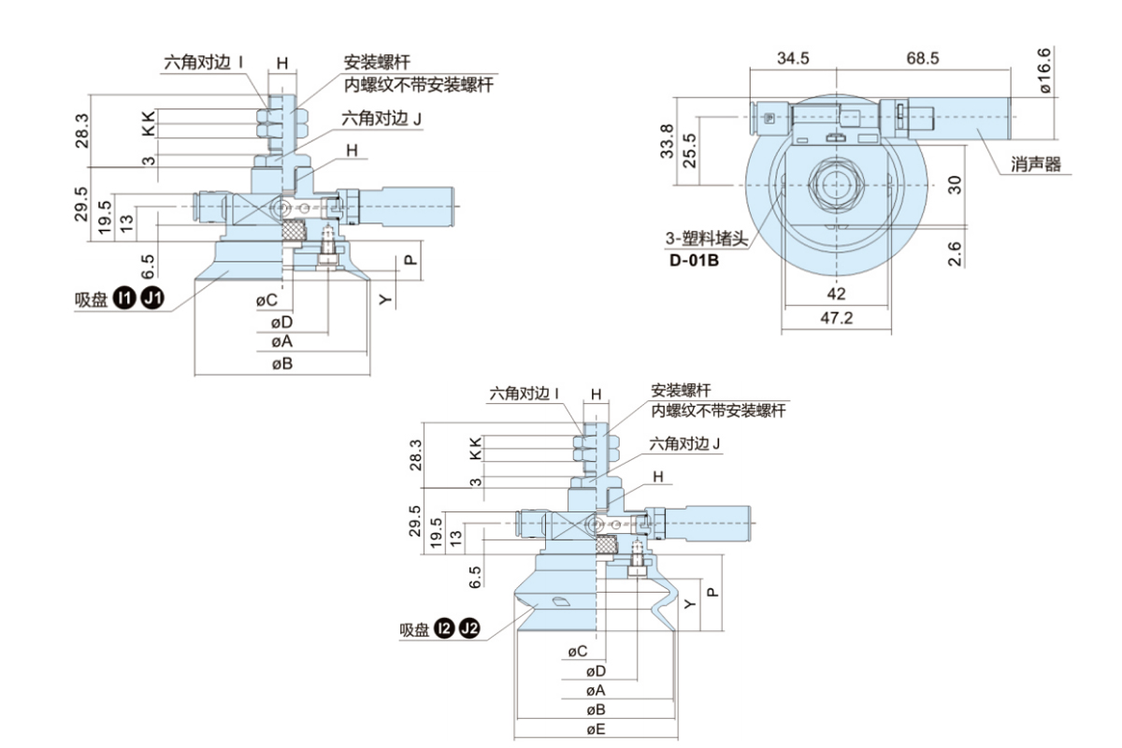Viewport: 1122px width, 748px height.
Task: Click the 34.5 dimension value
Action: pyautogui.click(x=793, y=58)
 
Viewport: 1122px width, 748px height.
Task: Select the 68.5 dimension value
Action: pyautogui.click(x=922, y=58)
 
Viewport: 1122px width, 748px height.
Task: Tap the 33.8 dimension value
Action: pyautogui.click(x=667, y=141)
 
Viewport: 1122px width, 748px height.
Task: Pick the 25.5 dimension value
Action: pyautogui.click(x=689, y=151)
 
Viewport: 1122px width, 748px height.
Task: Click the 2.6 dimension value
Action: pyautogui.click(x=955, y=252)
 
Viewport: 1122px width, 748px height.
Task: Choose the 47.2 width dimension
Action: pyautogui.click(x=836, y=318)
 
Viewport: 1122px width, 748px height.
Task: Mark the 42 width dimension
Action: pyautogui.click(x=836, y=294)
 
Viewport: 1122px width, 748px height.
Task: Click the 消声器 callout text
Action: pyautogui.click(x=1036, y=165)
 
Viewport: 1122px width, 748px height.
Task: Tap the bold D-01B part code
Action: pyautogui.click(x=694, y=259)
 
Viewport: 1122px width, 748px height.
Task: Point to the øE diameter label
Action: pyautogui.click(x=596, y=727)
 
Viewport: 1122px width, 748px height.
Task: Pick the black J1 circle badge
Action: pyautogui.click(x=152, y=299)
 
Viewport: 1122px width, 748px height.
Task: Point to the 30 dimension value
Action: pyautogui.click(x=955, y=183)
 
